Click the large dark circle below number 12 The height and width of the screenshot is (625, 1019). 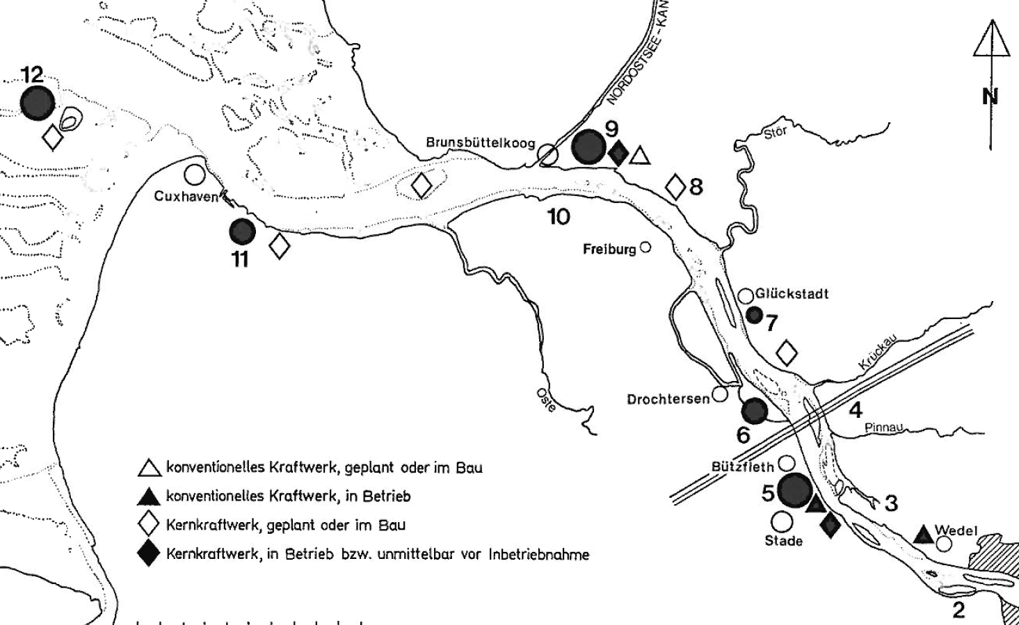pos(38,103)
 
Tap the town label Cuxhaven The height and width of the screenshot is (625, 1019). pos(186,196)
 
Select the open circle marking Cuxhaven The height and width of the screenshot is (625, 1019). pos(195,174)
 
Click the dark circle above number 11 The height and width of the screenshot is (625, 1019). pos(243,232)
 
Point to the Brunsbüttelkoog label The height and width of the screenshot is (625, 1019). pos(481,143)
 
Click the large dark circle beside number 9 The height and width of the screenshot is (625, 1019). pos(588,147)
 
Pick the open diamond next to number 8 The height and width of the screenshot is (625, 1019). pos(675,187)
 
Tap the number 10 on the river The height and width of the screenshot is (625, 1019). pos(559,217)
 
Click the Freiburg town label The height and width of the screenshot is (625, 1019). pos(609,249)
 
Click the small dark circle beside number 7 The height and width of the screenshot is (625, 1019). pos(755,315)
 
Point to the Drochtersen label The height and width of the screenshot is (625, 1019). pos(668,399)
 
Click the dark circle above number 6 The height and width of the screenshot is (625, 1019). pos(755,411)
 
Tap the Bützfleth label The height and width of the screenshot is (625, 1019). pos(742,466)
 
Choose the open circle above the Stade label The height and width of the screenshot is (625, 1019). pos(782,522)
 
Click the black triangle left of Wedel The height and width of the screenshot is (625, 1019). pos(924,535)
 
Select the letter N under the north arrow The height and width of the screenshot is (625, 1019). pos(990,97)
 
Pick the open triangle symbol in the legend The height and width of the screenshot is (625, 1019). pos(150,469)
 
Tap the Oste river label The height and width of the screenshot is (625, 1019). pos(546,400)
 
